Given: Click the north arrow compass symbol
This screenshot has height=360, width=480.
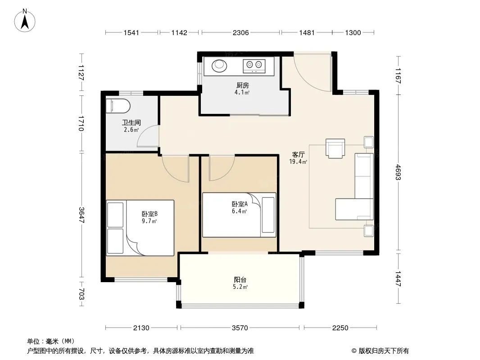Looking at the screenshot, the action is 25,21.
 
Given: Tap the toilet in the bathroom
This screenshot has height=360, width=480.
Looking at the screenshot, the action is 118,106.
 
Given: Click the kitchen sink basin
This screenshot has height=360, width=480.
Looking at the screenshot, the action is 219,65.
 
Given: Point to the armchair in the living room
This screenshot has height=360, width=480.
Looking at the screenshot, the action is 335,148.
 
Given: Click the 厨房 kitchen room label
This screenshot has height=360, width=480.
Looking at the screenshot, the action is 242,85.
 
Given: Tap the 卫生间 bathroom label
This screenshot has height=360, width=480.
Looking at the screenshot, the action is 131,123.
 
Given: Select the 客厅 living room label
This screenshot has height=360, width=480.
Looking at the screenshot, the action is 298,154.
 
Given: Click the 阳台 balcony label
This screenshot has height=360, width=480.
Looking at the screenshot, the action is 240,279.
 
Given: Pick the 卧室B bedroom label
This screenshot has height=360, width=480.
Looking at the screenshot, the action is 149,214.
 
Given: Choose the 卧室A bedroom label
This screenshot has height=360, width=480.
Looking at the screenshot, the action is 240,204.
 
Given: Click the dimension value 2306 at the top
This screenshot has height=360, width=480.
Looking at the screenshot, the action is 240,33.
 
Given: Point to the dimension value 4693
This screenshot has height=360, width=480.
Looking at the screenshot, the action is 398,172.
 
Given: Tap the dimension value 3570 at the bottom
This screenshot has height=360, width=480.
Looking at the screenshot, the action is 240,328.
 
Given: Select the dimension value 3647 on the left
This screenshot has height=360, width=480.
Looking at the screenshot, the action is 82,216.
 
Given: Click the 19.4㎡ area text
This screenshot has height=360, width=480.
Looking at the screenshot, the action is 298,162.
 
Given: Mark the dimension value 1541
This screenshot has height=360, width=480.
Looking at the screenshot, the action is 131,33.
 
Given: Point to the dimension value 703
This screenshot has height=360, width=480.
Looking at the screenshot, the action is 82,294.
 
